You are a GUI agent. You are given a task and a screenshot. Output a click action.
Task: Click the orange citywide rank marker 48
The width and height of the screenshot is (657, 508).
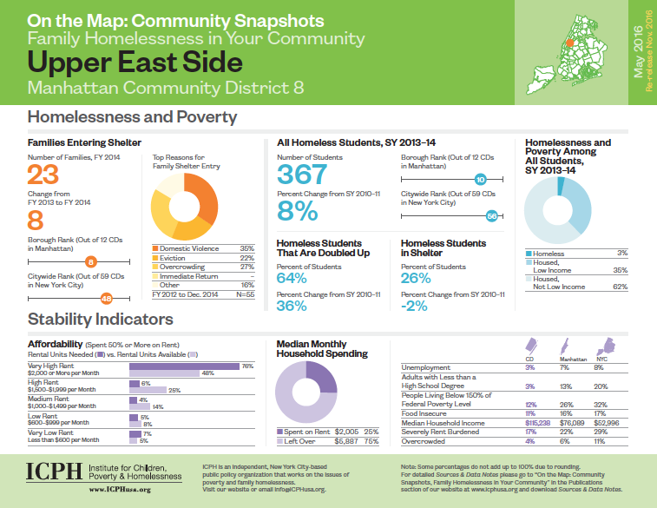point(107,299)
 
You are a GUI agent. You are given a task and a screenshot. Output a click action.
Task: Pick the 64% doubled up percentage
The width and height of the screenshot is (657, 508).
point(292,278)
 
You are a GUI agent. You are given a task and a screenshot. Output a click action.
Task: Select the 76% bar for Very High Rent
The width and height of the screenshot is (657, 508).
point(185,366)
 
